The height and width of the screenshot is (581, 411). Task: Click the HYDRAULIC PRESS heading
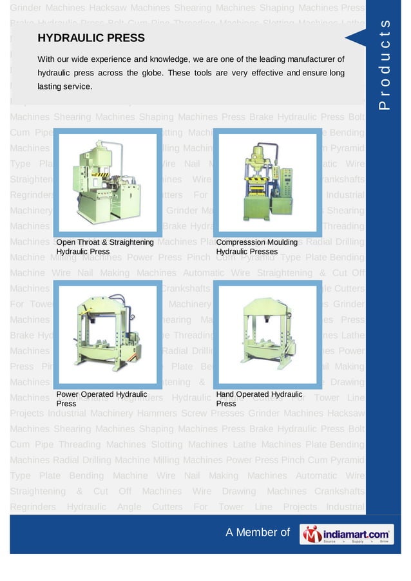click(91, 39)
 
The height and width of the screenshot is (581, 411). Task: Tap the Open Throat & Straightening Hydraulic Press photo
click(106, 183)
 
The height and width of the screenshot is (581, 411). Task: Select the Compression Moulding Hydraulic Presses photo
click(265, 183)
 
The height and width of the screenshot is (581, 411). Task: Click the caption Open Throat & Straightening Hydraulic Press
click(104, 247)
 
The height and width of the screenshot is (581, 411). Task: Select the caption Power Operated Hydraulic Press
click(101, 399)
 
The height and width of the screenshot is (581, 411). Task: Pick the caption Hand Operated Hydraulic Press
click(259, 399)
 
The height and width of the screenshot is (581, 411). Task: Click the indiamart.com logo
click(346, 533)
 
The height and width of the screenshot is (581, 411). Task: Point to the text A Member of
click(258, 532)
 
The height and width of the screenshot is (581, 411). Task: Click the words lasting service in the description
click(64, 86)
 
